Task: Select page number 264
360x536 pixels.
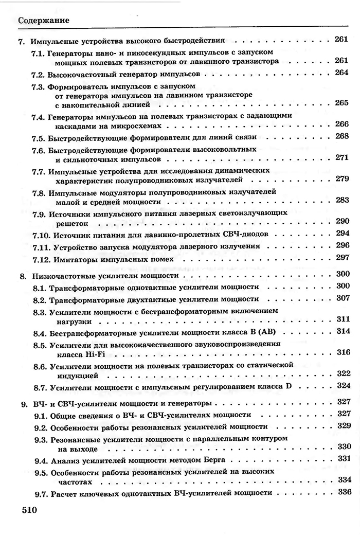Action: tap(342, 73)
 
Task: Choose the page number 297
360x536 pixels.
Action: tap(342, 258)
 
